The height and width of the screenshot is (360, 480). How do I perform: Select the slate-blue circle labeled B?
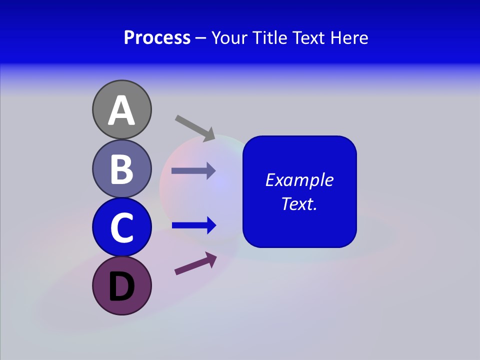pyautogui.click(x=121, y=168)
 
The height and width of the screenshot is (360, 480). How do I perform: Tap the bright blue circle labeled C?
pyautogui.click(x=121, y=227)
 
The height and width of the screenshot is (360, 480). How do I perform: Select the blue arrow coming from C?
pyautogui.click(x=193, y=225)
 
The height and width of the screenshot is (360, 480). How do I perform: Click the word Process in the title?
pyautogui.click(x=157, y=37)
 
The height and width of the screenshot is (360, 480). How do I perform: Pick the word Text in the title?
pyautogui.click(x=309, y=37)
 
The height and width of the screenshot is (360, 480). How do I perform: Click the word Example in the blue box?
pyautogui.click(x=299, y=180)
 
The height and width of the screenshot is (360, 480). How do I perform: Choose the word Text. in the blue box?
pyautogui.click(x=299, y=203)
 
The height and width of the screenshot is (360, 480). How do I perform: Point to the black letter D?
pyautogui.click(x=121, y=287)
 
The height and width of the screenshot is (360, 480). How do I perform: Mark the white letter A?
pyautogui.click(x=121, y=110)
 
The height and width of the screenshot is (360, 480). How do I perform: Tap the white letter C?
pyautogui.click(x=121, y=227)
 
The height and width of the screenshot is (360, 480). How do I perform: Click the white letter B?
pyautogui.click(x=121, y=169)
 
